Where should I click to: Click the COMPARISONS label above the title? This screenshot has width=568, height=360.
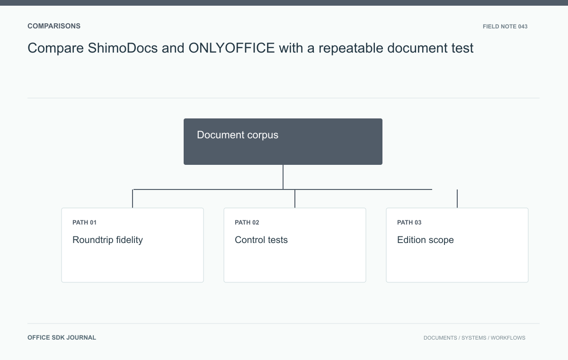point(54,26)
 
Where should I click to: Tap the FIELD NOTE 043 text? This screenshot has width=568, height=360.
point(505,27)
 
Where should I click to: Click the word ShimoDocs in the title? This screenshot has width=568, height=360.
point(123,48)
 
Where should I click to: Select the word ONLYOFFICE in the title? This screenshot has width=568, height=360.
point(231,48)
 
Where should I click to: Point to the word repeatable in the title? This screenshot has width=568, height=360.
point(351,48)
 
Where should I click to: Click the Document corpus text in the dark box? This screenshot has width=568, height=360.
point(238,135)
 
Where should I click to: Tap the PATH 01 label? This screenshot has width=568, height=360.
point(84,223)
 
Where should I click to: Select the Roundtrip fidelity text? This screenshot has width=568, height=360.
point(107,240)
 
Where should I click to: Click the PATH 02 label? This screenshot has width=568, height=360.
point(247,223)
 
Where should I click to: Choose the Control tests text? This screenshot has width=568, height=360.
point(261,240)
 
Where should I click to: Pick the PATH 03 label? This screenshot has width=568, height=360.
point(409,223)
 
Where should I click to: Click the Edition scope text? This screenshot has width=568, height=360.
point(425,240)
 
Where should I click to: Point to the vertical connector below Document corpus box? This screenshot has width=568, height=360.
point(283,177)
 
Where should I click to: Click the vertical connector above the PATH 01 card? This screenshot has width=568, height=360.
point(133,198)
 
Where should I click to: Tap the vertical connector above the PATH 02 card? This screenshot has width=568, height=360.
point(294,198)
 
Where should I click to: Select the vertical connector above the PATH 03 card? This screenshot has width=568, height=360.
point(457,198)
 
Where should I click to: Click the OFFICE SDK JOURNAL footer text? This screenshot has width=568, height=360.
point(62,338)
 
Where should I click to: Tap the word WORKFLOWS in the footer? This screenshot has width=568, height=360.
point(508,338)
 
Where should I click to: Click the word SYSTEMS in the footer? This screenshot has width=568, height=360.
point(474,338)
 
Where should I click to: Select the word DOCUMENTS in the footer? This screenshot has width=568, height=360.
point(440,338)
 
